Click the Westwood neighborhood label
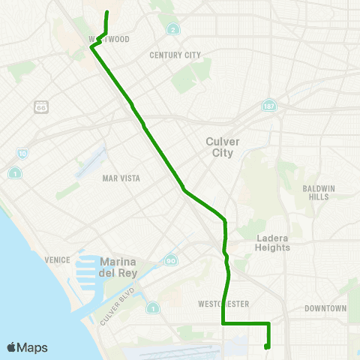point(109,39)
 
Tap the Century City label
point(175,55)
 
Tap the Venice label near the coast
point(57,259)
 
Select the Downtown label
point(325,308)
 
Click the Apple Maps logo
point(27,347)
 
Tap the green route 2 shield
point(173,30)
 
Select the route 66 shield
point(41,106)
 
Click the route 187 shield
point(268,106)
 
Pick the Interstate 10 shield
point(22,154)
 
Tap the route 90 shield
point(172,259)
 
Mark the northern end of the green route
point(106,12)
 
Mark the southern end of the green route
point(267,346)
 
